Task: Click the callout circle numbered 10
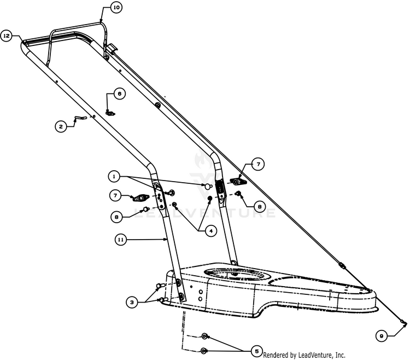coord(116,8)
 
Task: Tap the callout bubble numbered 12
coord(7,36)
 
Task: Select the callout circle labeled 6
coord(119,94)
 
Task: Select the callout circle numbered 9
coord(383,334)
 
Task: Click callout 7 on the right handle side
coord(257,163)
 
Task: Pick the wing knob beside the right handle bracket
coord(237,181)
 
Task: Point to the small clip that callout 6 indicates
coord(110,113)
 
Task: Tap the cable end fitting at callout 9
coord(403,323)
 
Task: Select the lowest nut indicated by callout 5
coord(204,350)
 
